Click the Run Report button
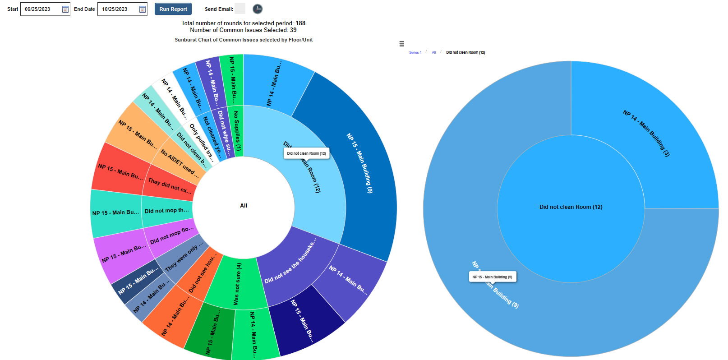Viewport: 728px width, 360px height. pos(173,9)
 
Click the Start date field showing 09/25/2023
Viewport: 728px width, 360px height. pos(41,9)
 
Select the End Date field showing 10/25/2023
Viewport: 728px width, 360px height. pos(118,9)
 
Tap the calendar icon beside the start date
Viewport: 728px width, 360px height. pos(65,9)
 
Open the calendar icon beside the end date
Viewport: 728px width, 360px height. pos(143,9)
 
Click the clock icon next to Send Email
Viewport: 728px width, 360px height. pos(257,9)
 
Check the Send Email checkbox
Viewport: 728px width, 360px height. pos(240,9)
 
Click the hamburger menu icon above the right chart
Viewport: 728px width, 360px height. pos(401,44)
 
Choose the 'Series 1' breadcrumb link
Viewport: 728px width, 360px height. pos(415,52)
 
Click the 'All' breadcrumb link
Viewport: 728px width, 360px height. pos(434,52)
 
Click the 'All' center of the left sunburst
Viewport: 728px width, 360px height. pos(244,206)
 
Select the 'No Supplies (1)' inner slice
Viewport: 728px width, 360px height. pos(236,131)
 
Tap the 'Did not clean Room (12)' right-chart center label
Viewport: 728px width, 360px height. pos(571,207)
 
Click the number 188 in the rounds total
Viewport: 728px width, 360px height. pos(300,23)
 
